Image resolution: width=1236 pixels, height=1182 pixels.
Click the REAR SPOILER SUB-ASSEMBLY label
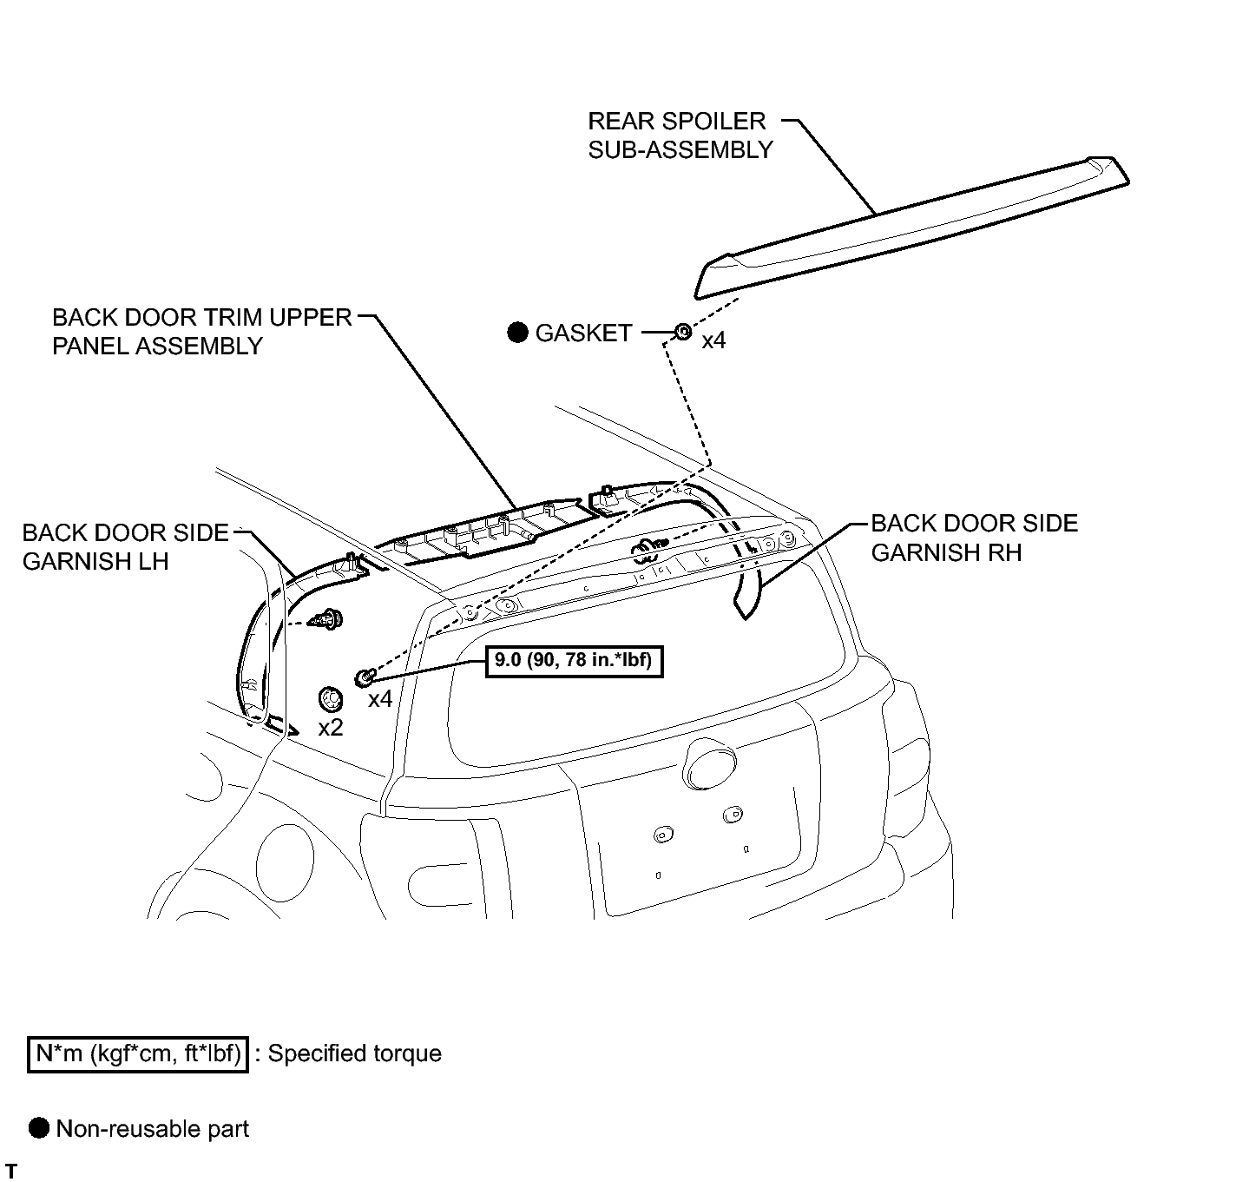click(x=680, y=135)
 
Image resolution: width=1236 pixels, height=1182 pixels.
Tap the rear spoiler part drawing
click(x=911, y=228)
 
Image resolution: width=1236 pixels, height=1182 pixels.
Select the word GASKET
click(x=583, y=333)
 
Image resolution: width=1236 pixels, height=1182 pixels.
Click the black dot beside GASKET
click(x=517, y=333)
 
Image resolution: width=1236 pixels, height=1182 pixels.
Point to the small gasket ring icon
click(x=683, y=332)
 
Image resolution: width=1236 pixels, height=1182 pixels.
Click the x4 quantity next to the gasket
click(x=713, y=340)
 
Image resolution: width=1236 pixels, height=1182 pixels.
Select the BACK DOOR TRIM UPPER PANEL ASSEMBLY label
click(x=202, y=331)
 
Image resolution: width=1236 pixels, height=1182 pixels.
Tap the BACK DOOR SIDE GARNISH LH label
click(x=125, y=546)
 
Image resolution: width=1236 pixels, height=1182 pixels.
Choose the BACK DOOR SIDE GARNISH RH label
click(x=975, y=538)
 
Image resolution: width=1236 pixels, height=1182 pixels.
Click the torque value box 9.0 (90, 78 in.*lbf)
click(x=575, y=662)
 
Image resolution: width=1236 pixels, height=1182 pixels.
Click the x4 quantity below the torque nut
click(x=380, y=699)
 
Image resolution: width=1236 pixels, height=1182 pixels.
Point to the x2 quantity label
click(x=331, y=727)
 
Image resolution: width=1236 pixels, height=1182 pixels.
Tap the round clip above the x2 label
click(x=331, y=699)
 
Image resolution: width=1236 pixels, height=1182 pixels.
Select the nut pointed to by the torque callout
click(x=365, y=678)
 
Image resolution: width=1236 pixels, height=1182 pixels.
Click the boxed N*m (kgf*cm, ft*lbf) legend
click(x=138, y=1053)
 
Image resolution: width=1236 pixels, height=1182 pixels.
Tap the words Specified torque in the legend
click(x=354, y=1053)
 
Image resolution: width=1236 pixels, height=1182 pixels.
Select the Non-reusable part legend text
click(x=153, y=1129)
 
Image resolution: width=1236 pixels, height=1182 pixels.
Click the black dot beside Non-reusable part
click(x=39, y=1128)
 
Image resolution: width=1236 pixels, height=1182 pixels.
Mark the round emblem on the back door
click(x=709, y=763)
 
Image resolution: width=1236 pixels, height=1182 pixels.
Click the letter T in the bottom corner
click(x=10, y=1171)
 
